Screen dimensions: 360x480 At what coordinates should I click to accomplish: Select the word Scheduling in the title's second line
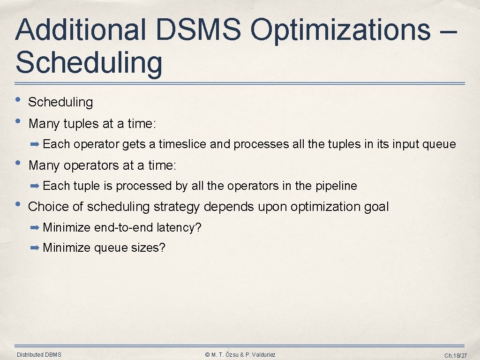click(89, 63)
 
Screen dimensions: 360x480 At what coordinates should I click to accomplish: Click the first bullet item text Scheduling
click(61, 102)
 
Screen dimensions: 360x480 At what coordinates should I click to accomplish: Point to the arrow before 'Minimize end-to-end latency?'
click(35, 228)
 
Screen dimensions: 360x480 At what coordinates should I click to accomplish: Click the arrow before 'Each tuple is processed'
click(35, 186)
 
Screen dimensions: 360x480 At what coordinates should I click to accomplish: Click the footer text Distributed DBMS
click(39, 355)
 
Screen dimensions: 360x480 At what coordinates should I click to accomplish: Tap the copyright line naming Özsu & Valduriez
click(240, 355)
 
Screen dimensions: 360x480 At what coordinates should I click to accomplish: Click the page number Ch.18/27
click(454, 356)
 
